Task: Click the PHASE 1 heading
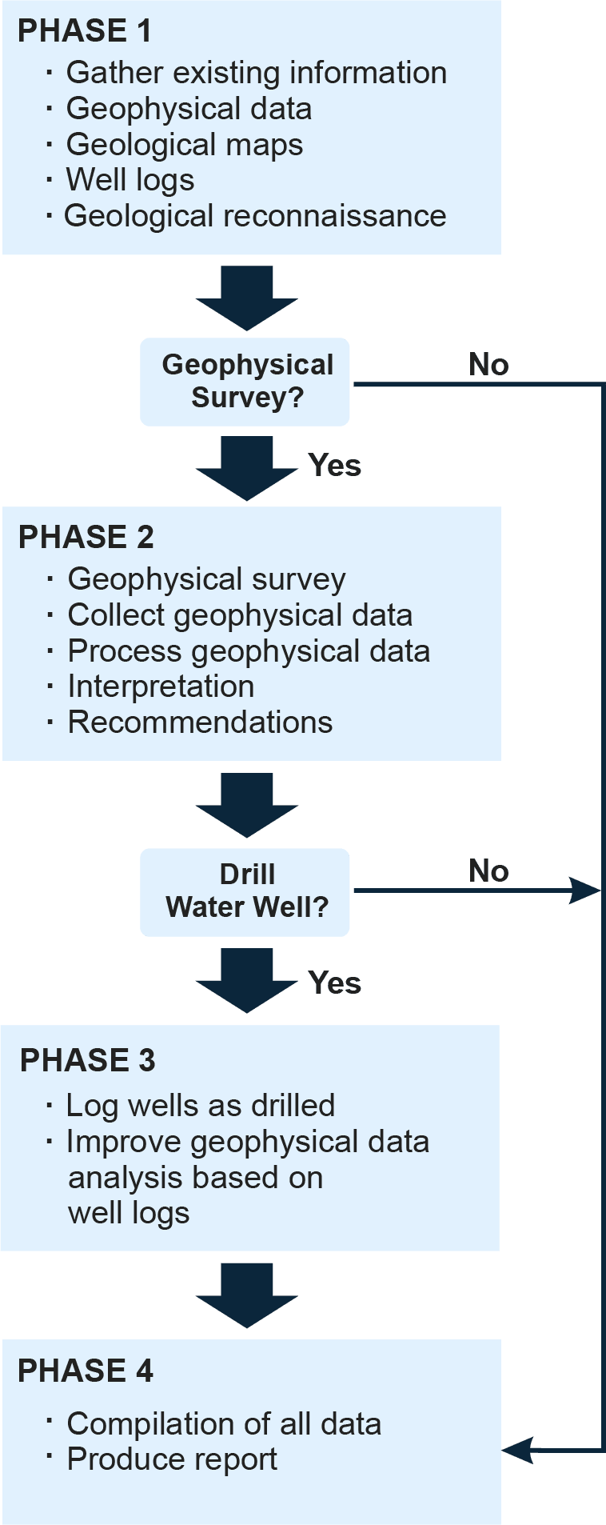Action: pyautogui.click(x=84, y=31)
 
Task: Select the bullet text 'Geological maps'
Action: pyautogui.click(x=185, y=145)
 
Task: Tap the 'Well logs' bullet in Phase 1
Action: pyautogui.click(x=130, y=180)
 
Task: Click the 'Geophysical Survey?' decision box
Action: pyautogui.click(x=245, y=382)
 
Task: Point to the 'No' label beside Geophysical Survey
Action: pyautogui.click(x=488, y=365)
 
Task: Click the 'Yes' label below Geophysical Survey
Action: pyautogui.click(x=334, y=466)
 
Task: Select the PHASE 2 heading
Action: pyautogui.click(x=86, y=538)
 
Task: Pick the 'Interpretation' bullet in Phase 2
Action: pyautogui.click(x=161, y=686)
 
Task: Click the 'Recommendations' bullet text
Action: pyautogui.click(x=200, y=722)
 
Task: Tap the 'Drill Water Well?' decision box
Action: pyautogui.click(x=245, y=891)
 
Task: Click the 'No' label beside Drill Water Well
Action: pyautogui.click(x=488, y=871)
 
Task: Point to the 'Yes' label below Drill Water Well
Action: pyautogui.click(x=334, y=983)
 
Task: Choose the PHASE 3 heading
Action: pyautogui.click(x=88, y=1061)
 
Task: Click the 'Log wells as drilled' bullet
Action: pyautogui.click(x=200, y=1106)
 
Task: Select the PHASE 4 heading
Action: pyautogui.click(x=86, y=1371)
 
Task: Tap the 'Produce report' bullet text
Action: pyautogui.click(x=172, y=1460)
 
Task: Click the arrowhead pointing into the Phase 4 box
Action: pyautogui.click(x=518, y=1449)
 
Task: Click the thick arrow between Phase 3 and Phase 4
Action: pyautogui.click(x=246, y=1295)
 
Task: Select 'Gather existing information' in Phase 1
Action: pyautogui.click(x=256, y=73)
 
